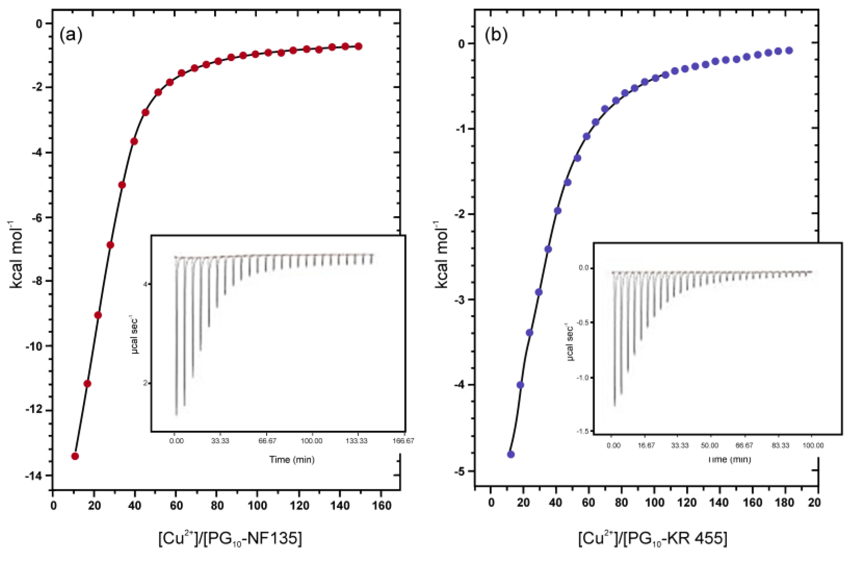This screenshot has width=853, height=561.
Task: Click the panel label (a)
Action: (x=71, y=35)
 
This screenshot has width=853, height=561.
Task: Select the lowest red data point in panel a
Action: (x=75, y=456)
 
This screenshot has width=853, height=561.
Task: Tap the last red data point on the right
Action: (x=358, y=46)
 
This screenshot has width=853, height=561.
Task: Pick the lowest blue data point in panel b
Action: (x=511, y=454)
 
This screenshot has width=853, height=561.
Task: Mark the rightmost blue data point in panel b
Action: (x=789, y=51)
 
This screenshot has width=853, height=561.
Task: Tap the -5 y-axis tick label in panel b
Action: (x=460, y=471)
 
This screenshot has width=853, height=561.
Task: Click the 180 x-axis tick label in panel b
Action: (x=784, y=502)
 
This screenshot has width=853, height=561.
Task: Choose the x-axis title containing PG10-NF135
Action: (x=230, y=539)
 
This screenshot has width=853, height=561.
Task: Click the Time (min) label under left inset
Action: (x=292, y=459)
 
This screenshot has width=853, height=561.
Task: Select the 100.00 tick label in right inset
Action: (x=812, y=446)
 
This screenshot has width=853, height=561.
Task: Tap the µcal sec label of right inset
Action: (x=571, y=342)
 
